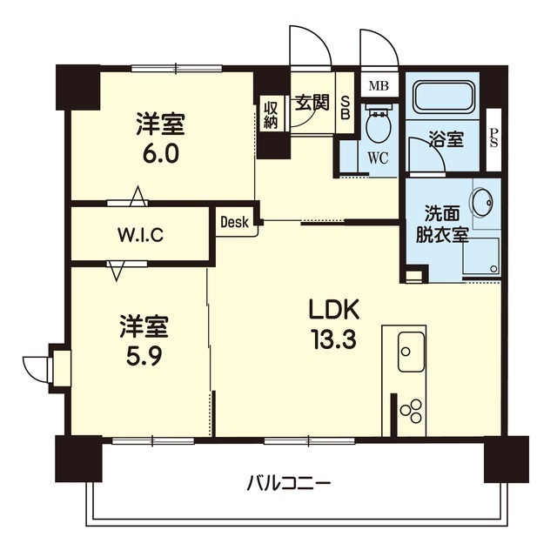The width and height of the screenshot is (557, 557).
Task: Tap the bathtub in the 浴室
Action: (x=442, y=97)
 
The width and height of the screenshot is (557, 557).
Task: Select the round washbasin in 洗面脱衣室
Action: (x=482, y=202)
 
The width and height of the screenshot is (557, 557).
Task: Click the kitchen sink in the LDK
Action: (x=411, y=352)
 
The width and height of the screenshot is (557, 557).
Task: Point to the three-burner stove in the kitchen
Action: (x=411, y=412)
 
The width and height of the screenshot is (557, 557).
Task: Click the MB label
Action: (x=379, y=86)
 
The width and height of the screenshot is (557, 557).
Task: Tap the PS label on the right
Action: (x=493, y=138)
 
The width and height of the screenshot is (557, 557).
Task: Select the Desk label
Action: (x=234, y=222)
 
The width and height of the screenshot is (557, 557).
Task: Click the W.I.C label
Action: (x=140, y=235)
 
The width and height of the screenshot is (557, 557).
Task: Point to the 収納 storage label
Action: (x=271, y=115)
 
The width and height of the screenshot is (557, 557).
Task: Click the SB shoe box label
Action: (x=346, y=108)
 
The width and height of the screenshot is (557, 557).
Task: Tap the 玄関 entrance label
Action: (x=312, y=103)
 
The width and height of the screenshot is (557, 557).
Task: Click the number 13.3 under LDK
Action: (x=334, y=339)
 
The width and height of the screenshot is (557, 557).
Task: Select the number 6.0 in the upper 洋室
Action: (x=160, y=153)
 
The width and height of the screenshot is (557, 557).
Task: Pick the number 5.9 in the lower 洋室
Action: (x=144, y=356)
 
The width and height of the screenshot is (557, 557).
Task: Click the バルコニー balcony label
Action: (x=288, y=484)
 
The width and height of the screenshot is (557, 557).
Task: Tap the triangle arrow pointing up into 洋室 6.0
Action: (x=138, y=196)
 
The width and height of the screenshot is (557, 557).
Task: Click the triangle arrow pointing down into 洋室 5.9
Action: (x=116, y=271)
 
